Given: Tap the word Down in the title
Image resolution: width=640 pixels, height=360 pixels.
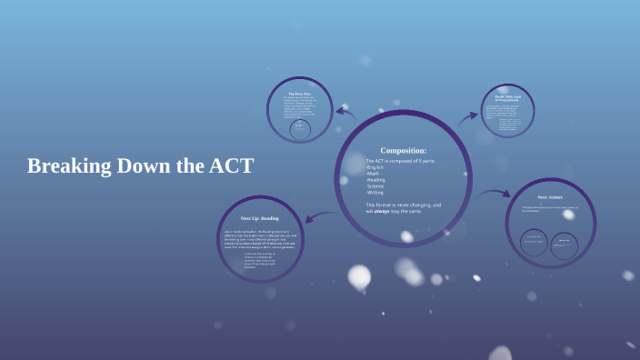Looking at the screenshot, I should tap(146, 166).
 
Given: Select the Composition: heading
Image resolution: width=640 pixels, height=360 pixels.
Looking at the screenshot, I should tap(403, 150).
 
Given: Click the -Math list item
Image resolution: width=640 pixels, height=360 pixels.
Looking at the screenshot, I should tap(373, 174).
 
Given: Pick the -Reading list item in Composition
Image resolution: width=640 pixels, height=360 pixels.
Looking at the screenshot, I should tap(375, 180).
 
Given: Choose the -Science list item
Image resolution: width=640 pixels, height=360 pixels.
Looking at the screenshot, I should tap(375, 186).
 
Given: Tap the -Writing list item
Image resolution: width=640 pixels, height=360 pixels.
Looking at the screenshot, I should tap(375, 193).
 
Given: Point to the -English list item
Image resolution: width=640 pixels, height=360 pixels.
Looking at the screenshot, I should tap(375, 167).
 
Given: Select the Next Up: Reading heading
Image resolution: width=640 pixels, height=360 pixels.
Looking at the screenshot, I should tap(260, 218).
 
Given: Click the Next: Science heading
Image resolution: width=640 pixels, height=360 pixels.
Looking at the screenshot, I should tap(550, 197).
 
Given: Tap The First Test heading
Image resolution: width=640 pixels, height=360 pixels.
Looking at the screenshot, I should tap(300, 94).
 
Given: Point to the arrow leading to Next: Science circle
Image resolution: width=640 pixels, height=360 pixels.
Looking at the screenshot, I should tap(495, 193).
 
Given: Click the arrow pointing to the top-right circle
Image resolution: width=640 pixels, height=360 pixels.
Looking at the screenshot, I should tap(467, 117).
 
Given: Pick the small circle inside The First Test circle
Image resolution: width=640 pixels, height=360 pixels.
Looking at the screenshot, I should tap(299, 130).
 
